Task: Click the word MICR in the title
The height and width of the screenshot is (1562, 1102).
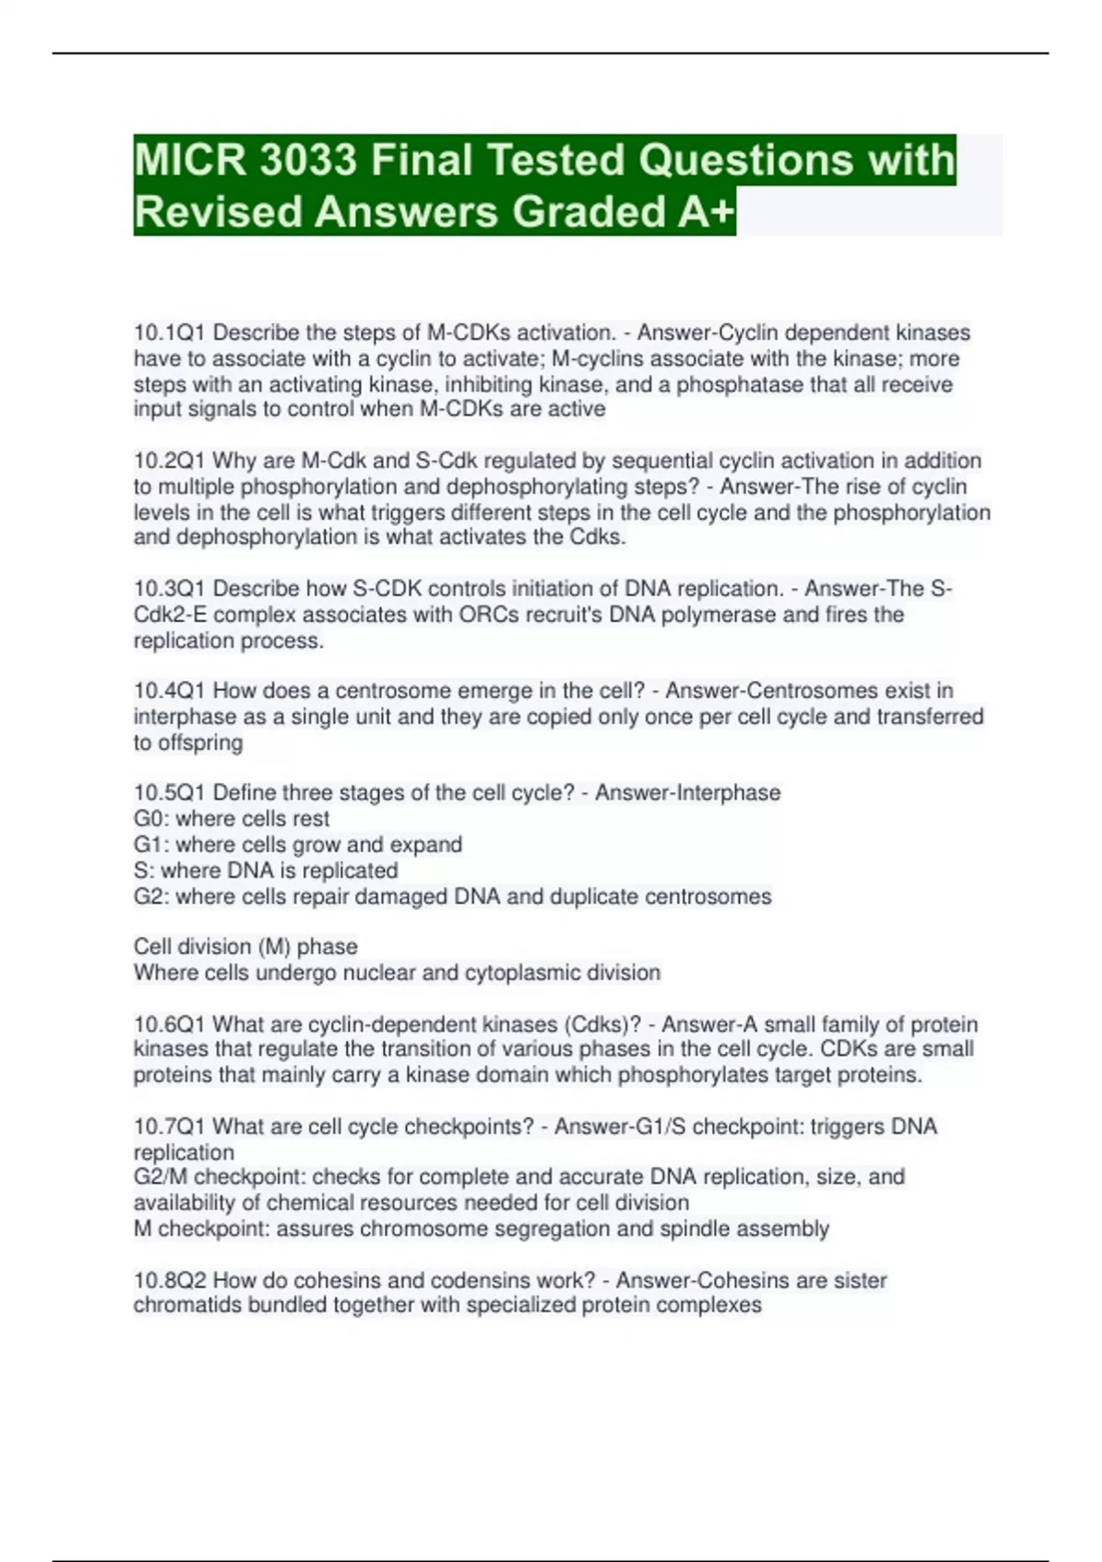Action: pos(190,160)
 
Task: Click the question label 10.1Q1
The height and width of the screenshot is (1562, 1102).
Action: pos(170,333)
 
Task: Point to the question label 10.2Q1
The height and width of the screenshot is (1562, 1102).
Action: pos(170,460)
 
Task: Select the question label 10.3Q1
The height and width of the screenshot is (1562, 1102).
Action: pos(170,588)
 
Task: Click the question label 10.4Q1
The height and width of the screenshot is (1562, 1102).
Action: pos(170,690)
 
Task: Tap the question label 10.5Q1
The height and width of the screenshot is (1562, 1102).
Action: pos(170,792)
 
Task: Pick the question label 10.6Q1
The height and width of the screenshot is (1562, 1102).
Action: pos(170,1024)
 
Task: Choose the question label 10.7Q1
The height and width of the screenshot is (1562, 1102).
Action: pos(170,1126)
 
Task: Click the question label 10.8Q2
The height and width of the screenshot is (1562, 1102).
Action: pos(170,1280)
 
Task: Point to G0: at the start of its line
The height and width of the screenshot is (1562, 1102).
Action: pos(151,819)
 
